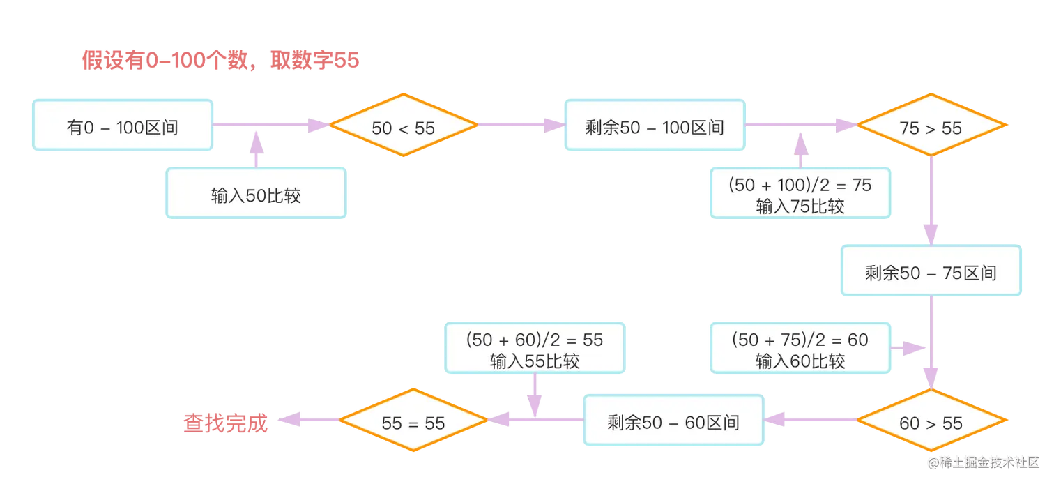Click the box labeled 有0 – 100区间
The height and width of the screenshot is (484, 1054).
(x=122, y=126)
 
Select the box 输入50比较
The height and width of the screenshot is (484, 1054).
(x=256, y=193)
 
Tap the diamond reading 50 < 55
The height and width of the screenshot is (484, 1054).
(x=403, y=126)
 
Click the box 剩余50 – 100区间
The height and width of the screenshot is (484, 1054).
(x=654, y=126)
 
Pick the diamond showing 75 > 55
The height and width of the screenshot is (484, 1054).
(x=931, y=126)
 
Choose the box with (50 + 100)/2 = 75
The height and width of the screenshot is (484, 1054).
(x=800, y=194)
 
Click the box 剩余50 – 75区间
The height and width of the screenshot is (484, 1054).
(x=931, y=272)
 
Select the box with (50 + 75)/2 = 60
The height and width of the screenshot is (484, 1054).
(x=800, y=349)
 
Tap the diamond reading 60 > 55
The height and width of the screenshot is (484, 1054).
(x=931, y=422)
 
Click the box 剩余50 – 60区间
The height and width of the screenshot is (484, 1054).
(x=673, y=421)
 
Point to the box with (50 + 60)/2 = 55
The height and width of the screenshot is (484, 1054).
(x=535, y=349)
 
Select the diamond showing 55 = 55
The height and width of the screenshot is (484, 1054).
(x=413, y=422)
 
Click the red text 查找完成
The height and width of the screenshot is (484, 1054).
(x=224, y=422)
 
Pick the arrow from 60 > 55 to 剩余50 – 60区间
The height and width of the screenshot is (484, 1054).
(x=812, y=420)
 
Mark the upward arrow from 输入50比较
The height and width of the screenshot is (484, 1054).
(x=256, y=148)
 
